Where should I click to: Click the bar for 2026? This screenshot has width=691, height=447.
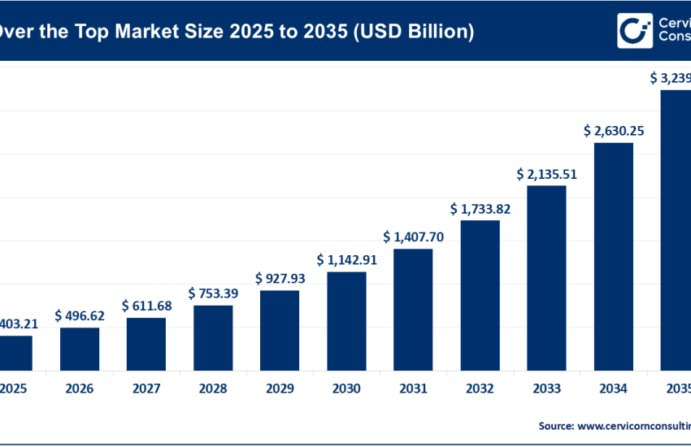tap(80, 349)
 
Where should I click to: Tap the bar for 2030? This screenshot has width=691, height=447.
tap(346, 321)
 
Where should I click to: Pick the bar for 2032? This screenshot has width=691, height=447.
tap(480, 295)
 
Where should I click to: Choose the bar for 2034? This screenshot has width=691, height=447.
tap(614, 256)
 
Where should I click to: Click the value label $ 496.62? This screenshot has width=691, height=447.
tap(80, 315)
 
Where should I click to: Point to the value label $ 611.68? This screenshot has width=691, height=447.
tap(146, 306)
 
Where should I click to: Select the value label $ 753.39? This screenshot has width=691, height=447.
tap(213, 293)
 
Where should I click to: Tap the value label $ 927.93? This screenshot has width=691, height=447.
tap(280, 278)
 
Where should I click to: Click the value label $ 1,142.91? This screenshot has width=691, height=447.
tap(346, 259)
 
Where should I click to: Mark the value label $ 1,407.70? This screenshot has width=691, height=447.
tap(413, 237)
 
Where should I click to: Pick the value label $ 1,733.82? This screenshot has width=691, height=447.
tap(480, 209)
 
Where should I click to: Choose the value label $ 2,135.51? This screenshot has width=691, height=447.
tap(547, 174)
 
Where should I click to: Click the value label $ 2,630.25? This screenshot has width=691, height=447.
tap(614, 130)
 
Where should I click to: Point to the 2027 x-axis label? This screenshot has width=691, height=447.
tap(146, 389)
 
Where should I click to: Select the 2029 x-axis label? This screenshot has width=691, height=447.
tap(280, 389)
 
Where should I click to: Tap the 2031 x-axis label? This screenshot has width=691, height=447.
tap(413, 389)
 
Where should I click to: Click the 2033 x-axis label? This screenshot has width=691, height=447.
tap(547, 389)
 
